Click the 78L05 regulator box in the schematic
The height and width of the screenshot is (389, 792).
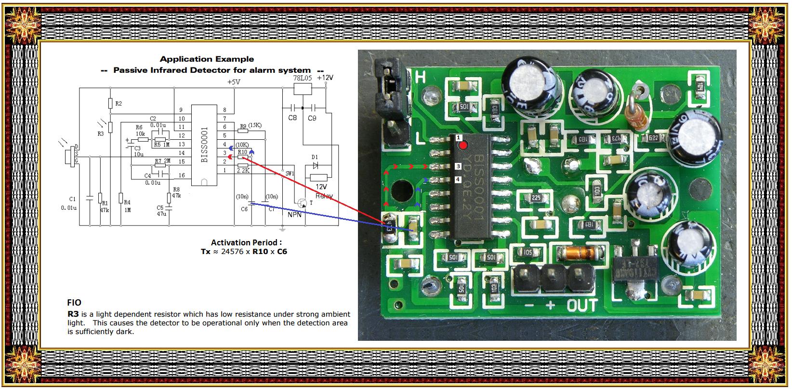click(303, 89)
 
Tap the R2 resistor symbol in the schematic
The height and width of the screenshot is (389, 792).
click(110, 104)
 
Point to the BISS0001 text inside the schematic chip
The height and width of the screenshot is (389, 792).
click(204, 145)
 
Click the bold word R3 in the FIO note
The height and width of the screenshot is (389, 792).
click(73, 313)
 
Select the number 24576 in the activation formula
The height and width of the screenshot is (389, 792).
click(234, 251)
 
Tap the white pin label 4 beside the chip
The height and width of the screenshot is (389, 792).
click(458, 180)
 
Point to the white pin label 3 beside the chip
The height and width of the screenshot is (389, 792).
click(458, 166)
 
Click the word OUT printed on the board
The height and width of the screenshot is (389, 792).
click(582, 305)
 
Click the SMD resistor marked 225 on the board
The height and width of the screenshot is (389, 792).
click(536, 198)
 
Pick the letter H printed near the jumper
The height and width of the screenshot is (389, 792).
click(420, 77)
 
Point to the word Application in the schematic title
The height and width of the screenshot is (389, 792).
click(183, 59)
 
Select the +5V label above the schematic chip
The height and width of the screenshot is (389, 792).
click(234, 82)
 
